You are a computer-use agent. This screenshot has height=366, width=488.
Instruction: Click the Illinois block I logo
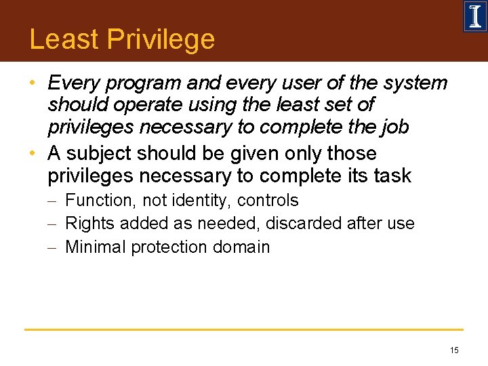coord(474,16)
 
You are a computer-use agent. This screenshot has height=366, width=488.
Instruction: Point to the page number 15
coord(453,350)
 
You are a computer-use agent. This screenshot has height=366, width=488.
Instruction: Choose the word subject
coord(101,154)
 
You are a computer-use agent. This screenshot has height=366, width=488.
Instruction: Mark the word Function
coord(100,201)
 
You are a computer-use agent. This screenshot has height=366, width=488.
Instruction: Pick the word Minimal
coord(96,247)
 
